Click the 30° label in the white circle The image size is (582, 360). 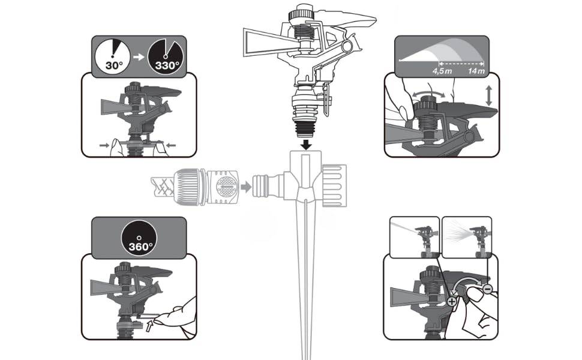tap(114, 65)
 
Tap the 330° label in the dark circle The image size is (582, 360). tap(167, 65)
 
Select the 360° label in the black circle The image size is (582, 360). tap(140, 247)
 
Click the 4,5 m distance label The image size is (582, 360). tap(442, 71)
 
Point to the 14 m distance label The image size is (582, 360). tap(476, 71)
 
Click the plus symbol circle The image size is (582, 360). tap(452, 301)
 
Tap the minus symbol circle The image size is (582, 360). tap(488, 289)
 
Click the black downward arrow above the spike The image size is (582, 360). tap(306, 144)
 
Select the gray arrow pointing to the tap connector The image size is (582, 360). tap(246, 187)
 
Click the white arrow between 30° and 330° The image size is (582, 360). tap(139, 57)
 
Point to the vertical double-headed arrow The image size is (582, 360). tap(489, 96)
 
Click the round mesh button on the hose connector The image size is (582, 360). tap(226, 187)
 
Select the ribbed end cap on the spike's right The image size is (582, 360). tap(334, 185)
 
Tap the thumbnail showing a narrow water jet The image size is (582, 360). tap(414, 237)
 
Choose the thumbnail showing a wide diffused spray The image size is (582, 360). tap(467, 237)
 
